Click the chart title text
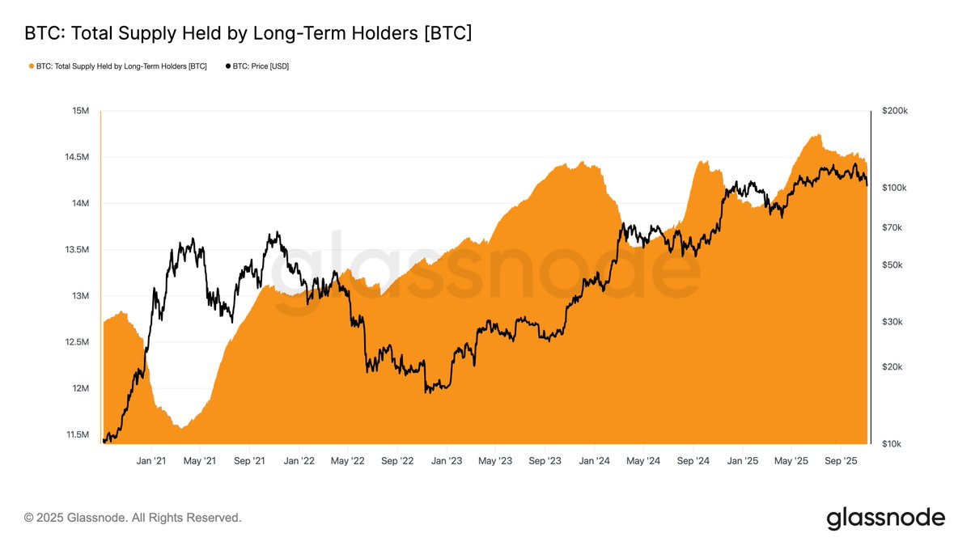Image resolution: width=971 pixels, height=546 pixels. tap(248, 33)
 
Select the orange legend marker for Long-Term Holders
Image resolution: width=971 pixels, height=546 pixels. tap(32, 66)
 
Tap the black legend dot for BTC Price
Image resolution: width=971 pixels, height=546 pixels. tap(228, 66)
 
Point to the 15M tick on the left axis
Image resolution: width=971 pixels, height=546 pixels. tap(80, 111)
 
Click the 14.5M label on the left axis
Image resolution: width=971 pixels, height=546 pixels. tap(76, 157)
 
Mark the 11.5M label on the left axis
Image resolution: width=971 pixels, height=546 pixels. tap(76, 435)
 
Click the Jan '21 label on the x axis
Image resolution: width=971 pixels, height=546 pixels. tap(151, 461)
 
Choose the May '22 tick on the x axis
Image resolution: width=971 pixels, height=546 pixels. tap(346, 461)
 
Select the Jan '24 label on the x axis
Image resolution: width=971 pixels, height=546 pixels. tap(595, 461)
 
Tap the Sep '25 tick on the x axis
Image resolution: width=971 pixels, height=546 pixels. tap(841, 461)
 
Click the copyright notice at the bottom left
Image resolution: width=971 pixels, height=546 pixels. tap(133, 517)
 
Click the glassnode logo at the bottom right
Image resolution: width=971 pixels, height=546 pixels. tap(885, 518)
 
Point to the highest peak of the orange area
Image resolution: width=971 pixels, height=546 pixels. tap(818, 135)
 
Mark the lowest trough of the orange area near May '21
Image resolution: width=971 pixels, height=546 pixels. tap(184, 427)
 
